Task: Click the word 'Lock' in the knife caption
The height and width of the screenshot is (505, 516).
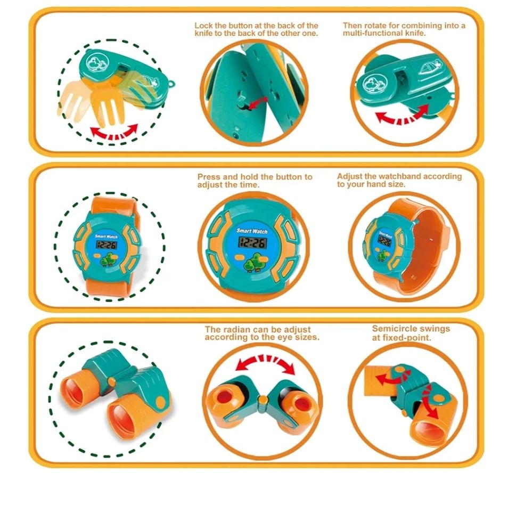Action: pos(203,26)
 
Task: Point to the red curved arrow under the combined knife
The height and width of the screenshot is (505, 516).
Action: pos(403,114)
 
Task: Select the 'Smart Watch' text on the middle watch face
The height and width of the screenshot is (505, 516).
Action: pos(252,231)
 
